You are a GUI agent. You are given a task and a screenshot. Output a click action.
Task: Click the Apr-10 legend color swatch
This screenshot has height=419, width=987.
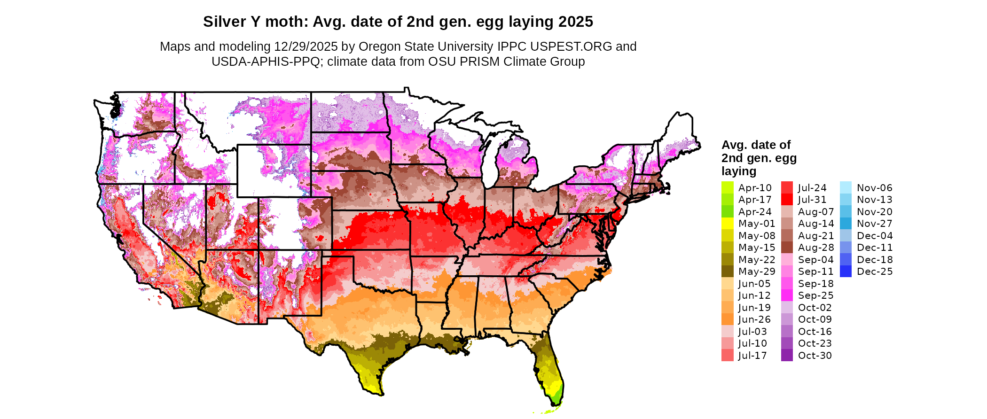tap(727, 188)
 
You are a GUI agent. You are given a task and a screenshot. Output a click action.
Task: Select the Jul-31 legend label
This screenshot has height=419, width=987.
tap(812, 200)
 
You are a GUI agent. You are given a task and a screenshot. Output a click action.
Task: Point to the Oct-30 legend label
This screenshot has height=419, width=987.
tap(815, 356)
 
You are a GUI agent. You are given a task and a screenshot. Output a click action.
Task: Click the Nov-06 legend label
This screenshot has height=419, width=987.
tap(874, 188)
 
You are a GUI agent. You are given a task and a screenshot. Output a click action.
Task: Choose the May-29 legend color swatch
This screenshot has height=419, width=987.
tap(727, 272)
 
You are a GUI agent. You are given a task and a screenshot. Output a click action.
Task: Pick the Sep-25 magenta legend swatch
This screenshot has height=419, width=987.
tap(787, 295)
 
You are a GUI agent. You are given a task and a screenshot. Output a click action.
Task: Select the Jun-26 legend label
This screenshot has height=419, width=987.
tap(754, 319)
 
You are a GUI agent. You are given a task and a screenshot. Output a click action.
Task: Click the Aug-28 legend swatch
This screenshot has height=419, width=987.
tap(787, 248)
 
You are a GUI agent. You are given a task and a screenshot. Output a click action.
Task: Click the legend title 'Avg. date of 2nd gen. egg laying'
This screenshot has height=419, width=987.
tap(759, 158)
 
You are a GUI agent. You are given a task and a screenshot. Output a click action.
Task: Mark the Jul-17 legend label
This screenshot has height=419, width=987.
tap(752, 356)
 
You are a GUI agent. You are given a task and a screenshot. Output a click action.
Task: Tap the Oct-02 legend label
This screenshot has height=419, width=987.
tap(815, 308)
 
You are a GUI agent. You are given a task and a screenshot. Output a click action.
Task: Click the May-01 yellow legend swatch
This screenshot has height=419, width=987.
tap(727, 224)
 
